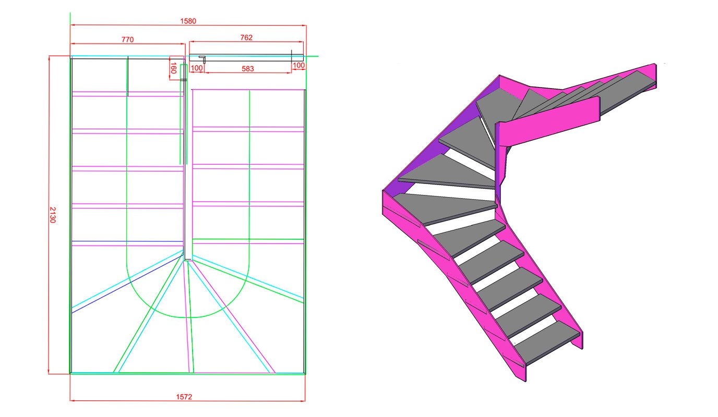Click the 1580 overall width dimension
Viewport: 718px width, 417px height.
(188, 21)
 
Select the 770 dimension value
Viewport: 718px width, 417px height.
(128, 40)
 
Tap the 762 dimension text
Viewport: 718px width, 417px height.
(246, 38)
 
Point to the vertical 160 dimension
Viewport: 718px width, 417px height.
(173, 68)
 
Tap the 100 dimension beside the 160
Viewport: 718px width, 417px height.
(197, 69)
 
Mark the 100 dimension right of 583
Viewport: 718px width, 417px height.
(298, 65)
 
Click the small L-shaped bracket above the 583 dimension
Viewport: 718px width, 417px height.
(203, 59)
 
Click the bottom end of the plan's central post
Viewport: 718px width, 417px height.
(188, 259)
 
